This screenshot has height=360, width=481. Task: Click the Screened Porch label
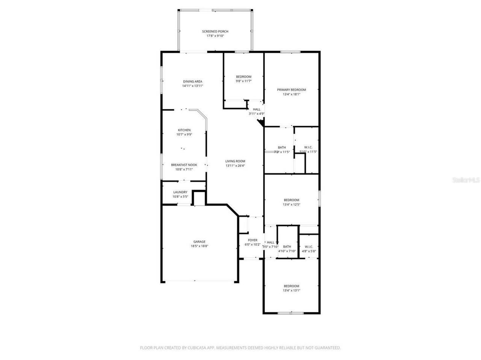(x=215, y=32)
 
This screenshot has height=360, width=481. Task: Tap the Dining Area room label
(x=192, y=81)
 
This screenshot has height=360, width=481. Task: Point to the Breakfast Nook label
(x=184, y=165)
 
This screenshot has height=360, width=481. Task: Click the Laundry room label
(x=180, y=192)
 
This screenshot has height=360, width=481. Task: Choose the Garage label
(x=199, y=242)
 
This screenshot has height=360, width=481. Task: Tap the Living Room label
(x=235, y=161)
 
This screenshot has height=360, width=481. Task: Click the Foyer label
(x=253, y=240)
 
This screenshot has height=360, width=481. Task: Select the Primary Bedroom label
(x=291, y=90)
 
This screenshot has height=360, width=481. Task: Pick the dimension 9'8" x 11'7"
(x=244, y=81)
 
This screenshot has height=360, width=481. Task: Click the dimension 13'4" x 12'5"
(x=291, y=205)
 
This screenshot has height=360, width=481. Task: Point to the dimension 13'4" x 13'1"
(x=291, y=291)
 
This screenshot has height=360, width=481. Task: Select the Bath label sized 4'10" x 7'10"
(x=287, y=247)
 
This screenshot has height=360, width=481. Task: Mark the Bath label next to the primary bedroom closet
(x=282, y=148)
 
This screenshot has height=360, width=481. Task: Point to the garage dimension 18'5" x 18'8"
(x=199, y=246)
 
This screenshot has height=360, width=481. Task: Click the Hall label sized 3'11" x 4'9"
(x=257, y=109)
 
